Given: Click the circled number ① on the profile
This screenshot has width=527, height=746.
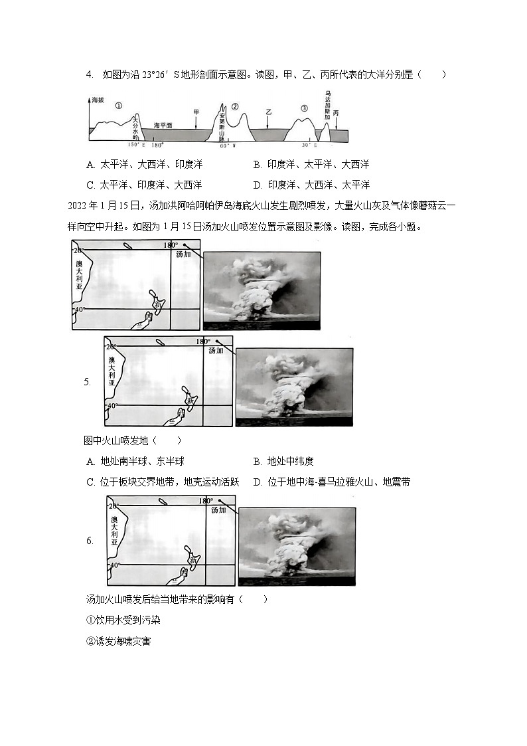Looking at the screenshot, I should pos(118,105).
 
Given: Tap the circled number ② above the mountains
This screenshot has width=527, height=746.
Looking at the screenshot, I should pos(234,106).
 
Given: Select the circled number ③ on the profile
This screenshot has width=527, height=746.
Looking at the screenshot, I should pos(304,108).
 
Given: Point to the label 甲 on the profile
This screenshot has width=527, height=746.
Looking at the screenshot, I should pos(196,113).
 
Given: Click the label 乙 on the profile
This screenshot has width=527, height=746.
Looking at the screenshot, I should pos(268,113).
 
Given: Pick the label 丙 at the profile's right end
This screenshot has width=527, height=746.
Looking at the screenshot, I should pos(337,113).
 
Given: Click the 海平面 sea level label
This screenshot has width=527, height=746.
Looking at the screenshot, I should pos(163,125).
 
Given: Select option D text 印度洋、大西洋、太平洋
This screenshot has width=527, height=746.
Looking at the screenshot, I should pos(319,185).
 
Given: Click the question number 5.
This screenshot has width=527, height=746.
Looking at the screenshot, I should pos(88,382).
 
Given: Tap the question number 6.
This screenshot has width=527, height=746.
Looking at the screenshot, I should pos(89,541).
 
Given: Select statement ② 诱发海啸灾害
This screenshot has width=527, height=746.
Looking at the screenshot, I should pos(118,642).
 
